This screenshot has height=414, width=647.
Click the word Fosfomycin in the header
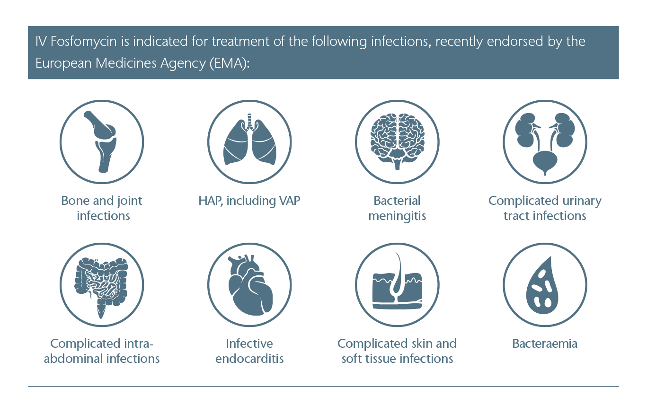[84, 42]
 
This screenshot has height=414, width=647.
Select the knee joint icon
[101, 142]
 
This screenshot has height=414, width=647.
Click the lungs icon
[249, 140]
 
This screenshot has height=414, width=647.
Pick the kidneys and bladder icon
[545, 143]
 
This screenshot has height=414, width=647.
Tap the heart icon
[250, 285]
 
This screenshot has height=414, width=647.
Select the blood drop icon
[542, 286]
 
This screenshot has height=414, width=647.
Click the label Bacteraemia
[545, 344]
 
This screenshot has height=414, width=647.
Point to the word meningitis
[397, 216]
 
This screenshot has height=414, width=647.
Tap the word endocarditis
[249, 359]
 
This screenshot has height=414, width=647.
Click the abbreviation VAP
[290, 201]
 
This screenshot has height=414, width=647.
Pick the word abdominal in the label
[73, 359]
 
